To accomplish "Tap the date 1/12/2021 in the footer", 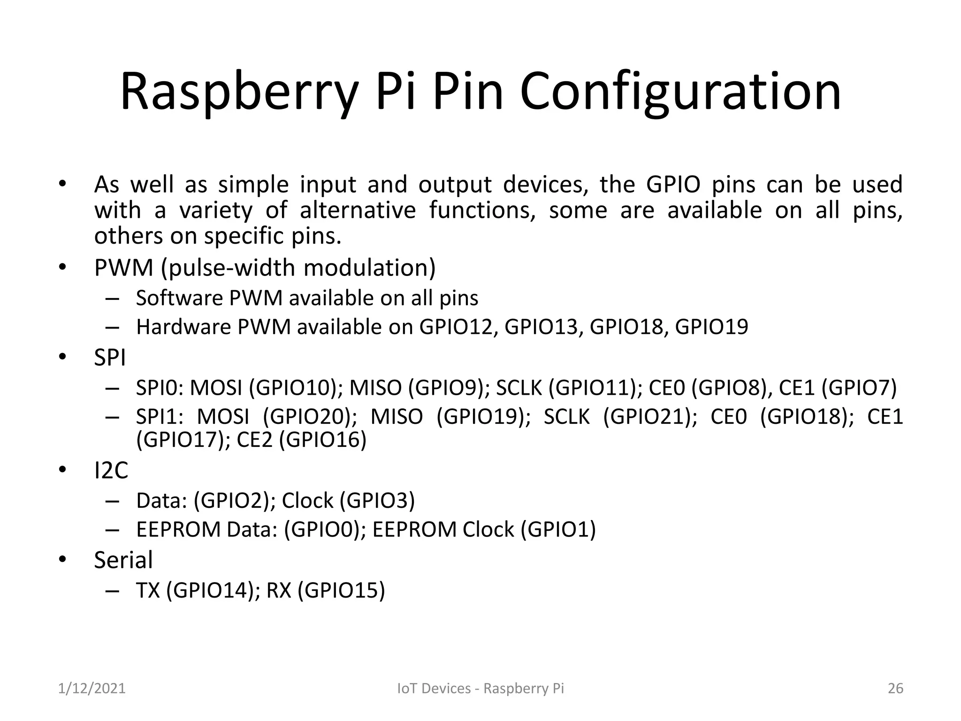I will click(x=92, y=688).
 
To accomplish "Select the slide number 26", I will click(x=895, y=688).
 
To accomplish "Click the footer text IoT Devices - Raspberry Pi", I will click(x=480, y=688).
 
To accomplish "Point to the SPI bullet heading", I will click(x=110, y=358).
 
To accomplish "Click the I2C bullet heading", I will click(x=111, y=470).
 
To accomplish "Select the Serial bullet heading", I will click(x=123, y=560).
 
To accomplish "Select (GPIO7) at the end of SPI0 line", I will click(x=859, y=388).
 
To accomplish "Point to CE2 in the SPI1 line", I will click(x=255, y=440).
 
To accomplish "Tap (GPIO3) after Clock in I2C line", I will click(x=377, y=501).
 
